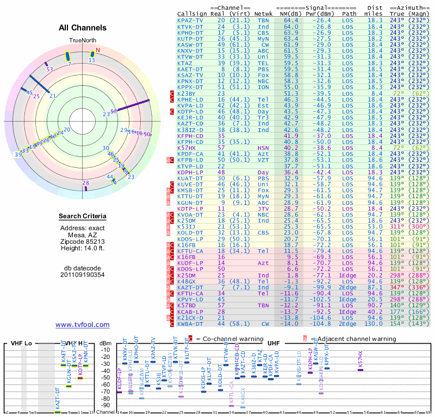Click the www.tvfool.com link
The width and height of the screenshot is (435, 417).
pyautogui.click(x=83, y=325)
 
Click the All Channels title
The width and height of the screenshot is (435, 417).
pyautogui.click(x=83, y=28)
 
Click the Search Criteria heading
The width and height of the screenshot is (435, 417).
pyautogui.click(x=83, y=217)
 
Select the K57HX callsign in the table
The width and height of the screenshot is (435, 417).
pyautogui.click(x=187, y=147)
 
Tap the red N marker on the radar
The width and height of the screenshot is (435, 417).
pyautogui.click(x=98, y=50)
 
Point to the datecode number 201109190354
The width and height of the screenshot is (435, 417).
pyautogui.click(x=83, y=275)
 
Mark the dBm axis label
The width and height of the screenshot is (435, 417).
pyautogui.click(x=105, y=343)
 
